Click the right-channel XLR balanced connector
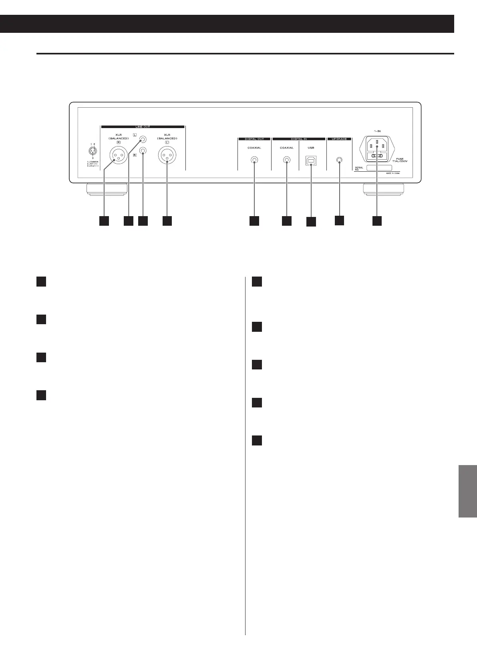(x=119, y=155)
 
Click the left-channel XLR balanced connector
(x=167, y=155)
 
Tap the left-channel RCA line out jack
(x=143, y=140)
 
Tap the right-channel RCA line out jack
(x=143, y=151)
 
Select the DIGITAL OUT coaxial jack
(x=254, y=160)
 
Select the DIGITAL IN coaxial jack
(x=287, y=160)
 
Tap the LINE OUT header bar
(x=142, y=127)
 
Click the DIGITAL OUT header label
(x=254, y=139)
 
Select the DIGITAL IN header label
(x=298, y=139)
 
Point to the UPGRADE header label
(x=339, y=139)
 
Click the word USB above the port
(x=311, y=148)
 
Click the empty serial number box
(x=379, y=168)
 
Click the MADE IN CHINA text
(x=392, y=173)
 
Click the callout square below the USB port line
(x=311, y=222)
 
